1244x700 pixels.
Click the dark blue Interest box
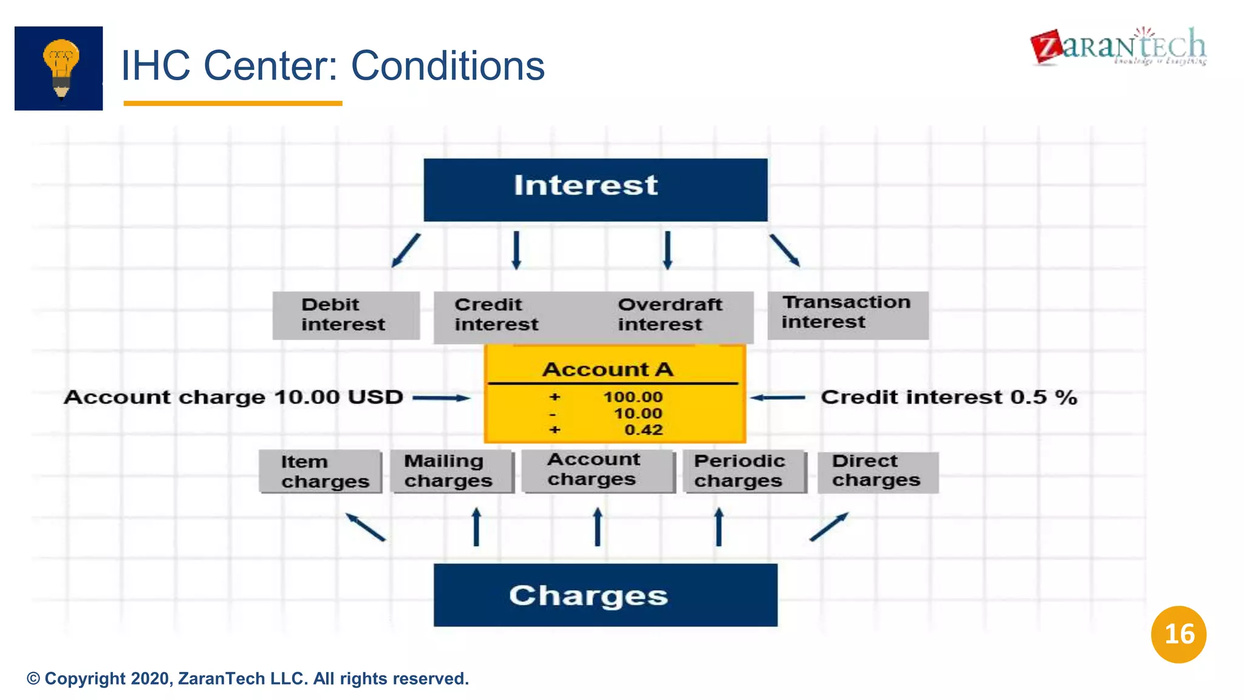[595, 190]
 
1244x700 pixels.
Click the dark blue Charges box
[605, 595]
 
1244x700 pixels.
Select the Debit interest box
[346, 315]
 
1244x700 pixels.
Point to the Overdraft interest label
[669, 315]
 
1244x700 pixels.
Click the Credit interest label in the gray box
[496, 315]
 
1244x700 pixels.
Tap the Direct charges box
[877, 472]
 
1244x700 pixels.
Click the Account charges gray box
[598, 470]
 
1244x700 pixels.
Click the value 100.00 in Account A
[632, 397]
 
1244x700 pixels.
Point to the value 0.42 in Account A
[643, 430]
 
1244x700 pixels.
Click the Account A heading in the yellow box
[607, 369]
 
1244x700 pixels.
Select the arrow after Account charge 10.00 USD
[441, 398]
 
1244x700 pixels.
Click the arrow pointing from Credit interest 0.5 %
[778, 398]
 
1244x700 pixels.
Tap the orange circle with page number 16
[1178, 634]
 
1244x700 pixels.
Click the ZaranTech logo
[1118, 46]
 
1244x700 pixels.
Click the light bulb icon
[60, 68]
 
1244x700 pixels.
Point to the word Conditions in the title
[448, 66]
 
